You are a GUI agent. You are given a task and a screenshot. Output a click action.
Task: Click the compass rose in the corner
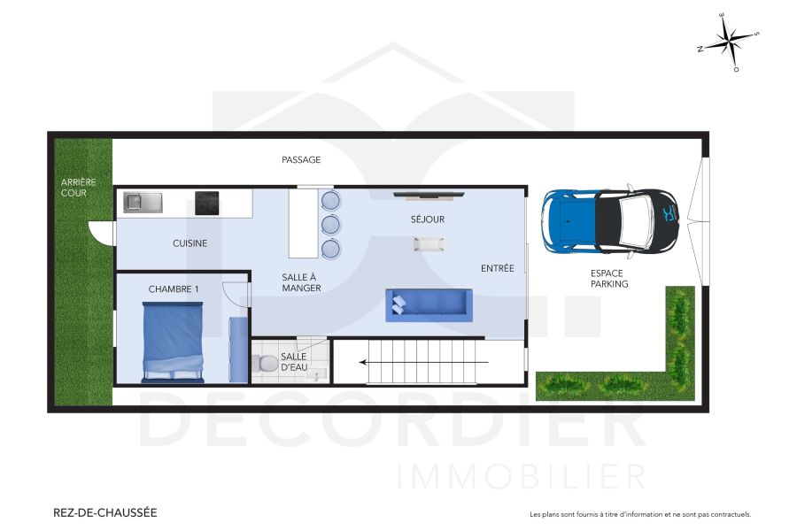728,42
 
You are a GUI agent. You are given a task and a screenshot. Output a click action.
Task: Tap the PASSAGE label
301,160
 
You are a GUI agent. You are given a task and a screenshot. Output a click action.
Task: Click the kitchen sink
143,203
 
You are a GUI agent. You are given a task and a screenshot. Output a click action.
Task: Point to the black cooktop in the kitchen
207,204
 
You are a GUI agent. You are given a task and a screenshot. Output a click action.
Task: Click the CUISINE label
190,243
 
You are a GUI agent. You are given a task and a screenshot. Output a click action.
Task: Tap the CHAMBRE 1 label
174,289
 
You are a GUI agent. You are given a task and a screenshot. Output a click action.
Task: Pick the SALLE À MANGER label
299,282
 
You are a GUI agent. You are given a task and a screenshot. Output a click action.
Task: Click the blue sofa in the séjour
429,305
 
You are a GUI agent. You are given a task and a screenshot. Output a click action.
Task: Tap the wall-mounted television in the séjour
427,194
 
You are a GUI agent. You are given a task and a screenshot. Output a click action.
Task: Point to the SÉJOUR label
427,219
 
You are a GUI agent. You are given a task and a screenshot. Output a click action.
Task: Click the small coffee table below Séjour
426,244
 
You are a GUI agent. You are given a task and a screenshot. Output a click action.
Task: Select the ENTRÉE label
497,268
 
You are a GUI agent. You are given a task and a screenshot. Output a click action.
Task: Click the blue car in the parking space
610,219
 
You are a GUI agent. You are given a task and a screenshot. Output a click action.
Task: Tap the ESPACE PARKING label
609,279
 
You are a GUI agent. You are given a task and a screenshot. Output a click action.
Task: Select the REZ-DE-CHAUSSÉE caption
105,512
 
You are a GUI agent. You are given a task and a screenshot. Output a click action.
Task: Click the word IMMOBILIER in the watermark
522,476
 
